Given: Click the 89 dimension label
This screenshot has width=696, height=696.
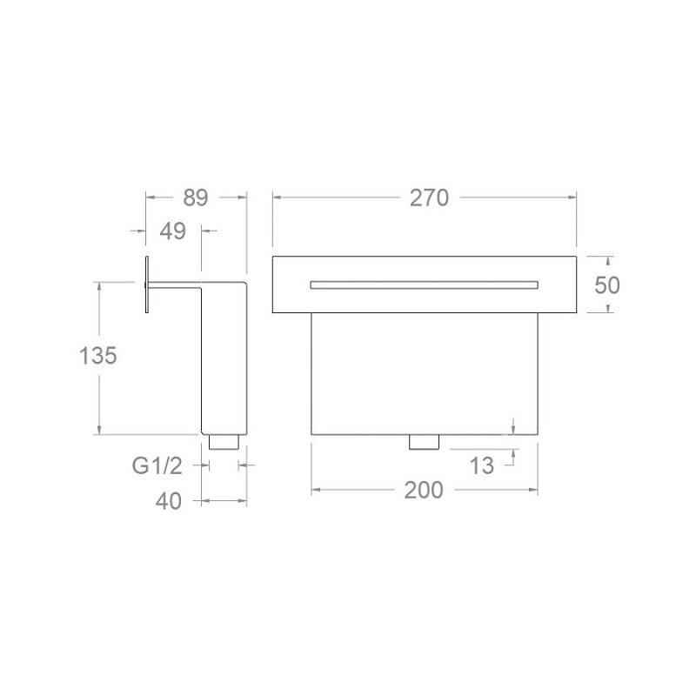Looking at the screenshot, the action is (x=195, y=198).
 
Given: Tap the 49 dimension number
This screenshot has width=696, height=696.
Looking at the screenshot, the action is (x=172, y=231).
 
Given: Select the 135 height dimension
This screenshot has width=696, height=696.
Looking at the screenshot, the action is (x=97, y=356).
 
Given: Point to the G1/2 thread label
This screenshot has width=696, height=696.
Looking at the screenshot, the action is (x=157, y=466).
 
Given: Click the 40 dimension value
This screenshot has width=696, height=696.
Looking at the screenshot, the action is (x=168, y=502).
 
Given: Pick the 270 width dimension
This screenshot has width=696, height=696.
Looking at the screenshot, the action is (x=429, y=198).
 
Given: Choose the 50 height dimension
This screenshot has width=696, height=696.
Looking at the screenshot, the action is (x=606, y=285).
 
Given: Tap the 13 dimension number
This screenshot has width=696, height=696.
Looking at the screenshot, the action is (x=482, y=466).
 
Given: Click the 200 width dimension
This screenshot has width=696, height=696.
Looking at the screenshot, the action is (x=424, y=490).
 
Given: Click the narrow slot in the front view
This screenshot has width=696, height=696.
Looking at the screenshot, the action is (x=425, y=285).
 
